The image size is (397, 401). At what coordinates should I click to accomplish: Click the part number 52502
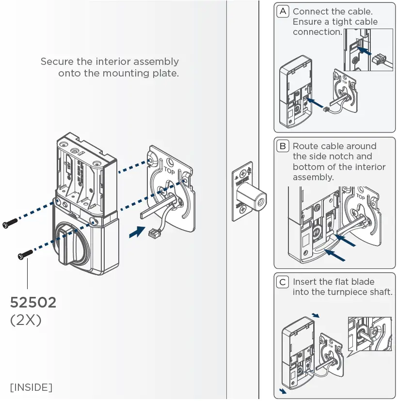tap(33, 303)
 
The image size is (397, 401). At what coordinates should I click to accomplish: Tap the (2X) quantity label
tap(26, 321)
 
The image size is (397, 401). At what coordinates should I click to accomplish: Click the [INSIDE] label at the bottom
tap(31, 387)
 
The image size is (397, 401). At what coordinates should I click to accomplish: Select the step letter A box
tap(283, 11)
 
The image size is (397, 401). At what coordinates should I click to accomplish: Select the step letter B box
tap(283, 146)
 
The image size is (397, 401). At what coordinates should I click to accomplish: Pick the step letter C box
tap(283, 282)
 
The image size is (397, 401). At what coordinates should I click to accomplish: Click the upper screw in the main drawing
tap(10, 223)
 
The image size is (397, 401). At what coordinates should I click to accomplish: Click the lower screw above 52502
tap(25, 253)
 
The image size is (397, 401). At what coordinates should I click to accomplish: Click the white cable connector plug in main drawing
tap(154, 234)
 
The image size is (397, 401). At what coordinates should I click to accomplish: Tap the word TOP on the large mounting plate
tap(169, 170)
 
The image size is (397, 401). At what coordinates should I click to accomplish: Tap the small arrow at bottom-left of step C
tap(283, 390)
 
